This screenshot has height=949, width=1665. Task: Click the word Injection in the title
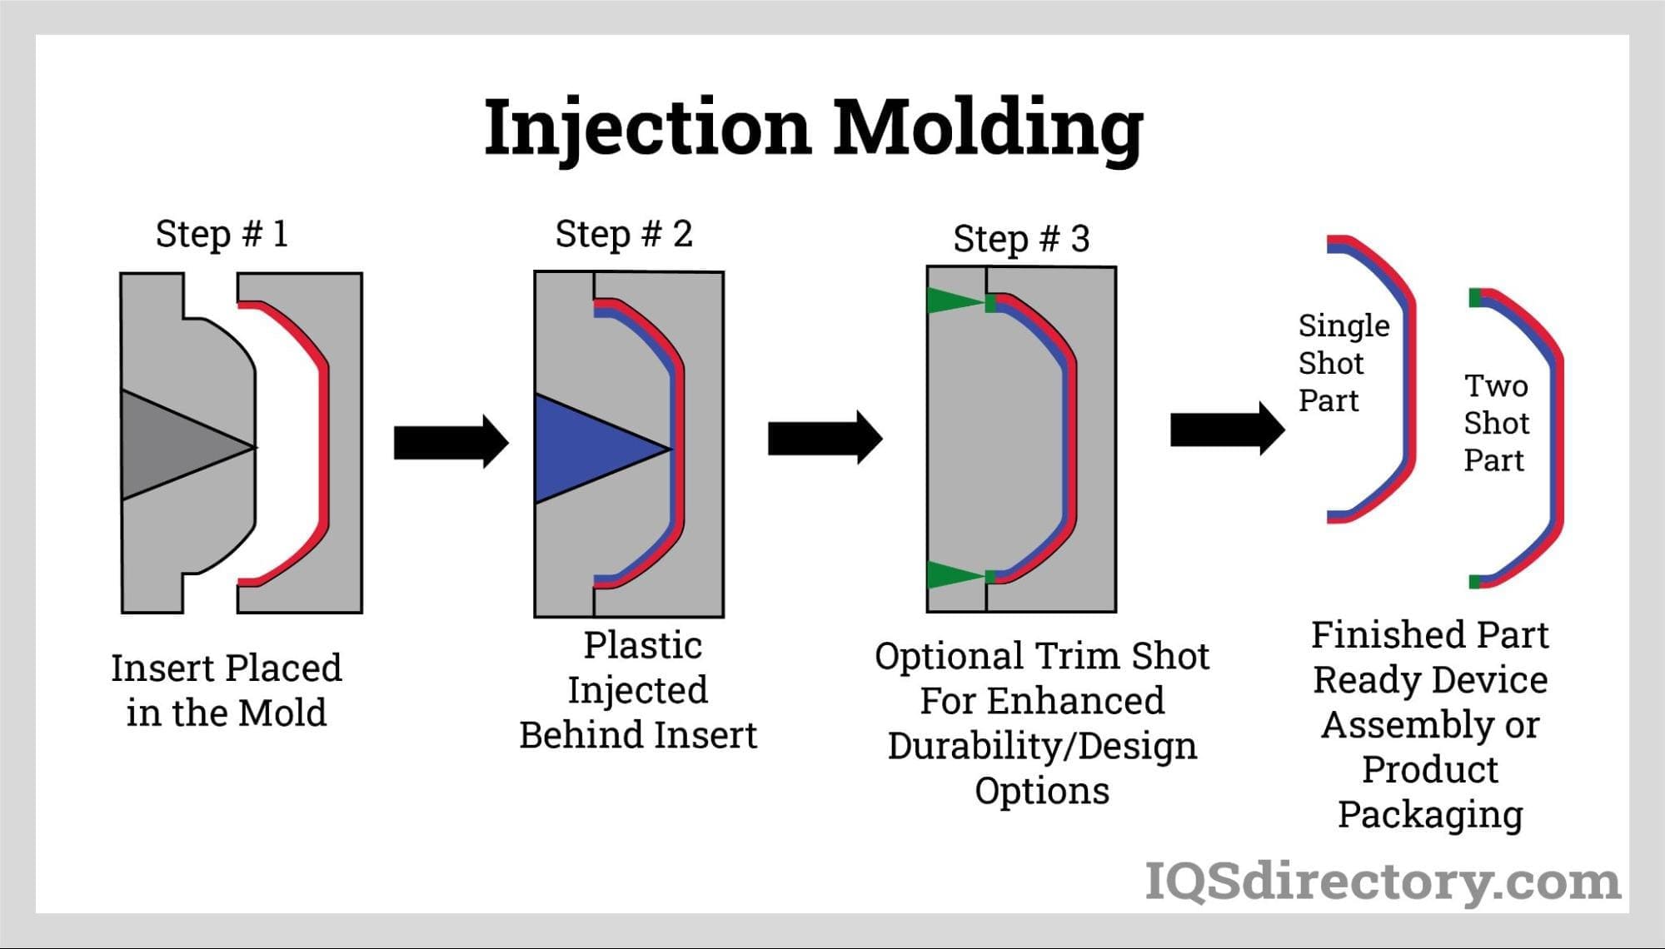(x=647, y=127)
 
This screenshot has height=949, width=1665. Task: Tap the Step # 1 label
(x=222, y=234)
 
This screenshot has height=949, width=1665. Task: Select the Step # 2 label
(x=624, y=234)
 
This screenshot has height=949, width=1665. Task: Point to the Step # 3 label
(x=1021, y=239)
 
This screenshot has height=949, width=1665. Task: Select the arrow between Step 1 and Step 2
(x=451, y=442)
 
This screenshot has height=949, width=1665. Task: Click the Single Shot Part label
(x=1343, y=363)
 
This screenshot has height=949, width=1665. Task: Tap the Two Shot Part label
(x=1496, y=423)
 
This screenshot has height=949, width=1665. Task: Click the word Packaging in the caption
(x=1430, y=814)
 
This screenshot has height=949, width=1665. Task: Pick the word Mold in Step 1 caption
(x=283, y=713)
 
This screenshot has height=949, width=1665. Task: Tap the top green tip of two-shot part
(x=1475, y=297)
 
